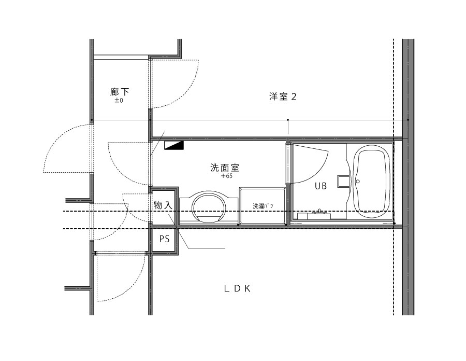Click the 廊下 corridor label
120,92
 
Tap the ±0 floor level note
119,101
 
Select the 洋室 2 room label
283,96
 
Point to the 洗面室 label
225,168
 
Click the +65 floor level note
227,176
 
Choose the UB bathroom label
321,186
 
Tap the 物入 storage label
163,205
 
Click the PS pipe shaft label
164,239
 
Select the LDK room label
237,288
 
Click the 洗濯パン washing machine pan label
263,206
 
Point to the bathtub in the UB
373,182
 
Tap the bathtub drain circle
358,181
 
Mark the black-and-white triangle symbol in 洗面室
174,145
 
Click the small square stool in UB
342,182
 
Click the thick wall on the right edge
408,177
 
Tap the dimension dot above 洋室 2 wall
288,120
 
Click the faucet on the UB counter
319,211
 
